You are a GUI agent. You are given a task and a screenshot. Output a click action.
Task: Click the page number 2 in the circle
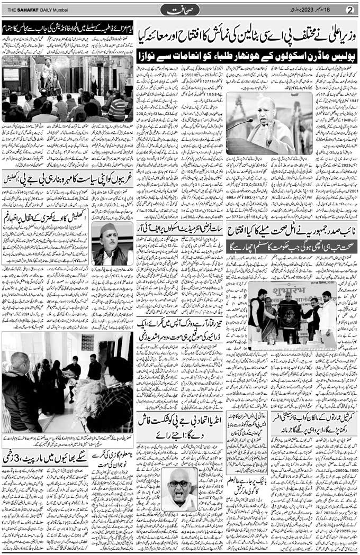click(349, 9)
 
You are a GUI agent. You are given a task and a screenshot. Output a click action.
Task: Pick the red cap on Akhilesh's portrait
click(111, 228)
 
